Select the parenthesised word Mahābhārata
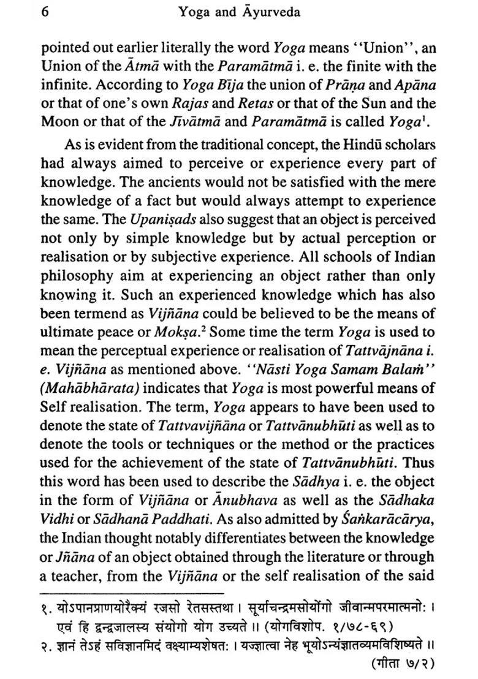tap(83, 388)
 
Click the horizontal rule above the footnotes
tap(132, 593)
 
